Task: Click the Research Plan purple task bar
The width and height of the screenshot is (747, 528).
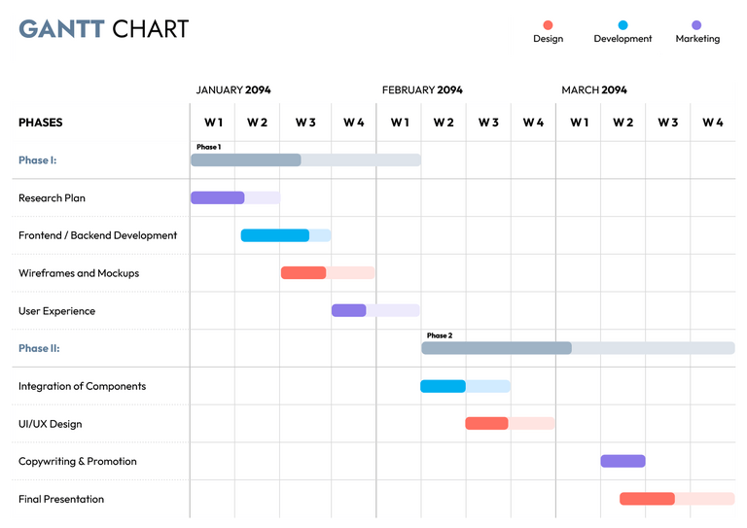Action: click(x=217, y=197)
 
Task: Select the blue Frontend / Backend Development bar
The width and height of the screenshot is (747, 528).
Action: click(x=274, y=235)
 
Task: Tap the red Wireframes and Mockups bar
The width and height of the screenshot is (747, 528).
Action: click(x=303, y=273)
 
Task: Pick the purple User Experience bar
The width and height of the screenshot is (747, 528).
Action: click(x=348, y=310)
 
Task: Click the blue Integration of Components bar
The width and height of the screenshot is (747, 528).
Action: click(x=443, y=386)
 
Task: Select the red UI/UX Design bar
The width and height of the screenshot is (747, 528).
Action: click(x=486, y=423)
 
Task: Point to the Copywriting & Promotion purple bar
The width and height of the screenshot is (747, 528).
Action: click(x=622, y=461)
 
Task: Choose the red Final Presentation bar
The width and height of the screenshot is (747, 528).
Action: click(x=647, y=499)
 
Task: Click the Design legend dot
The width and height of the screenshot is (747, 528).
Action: click(x=548, y=25)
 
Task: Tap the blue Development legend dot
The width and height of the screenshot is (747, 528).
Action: click(x=622, y=25)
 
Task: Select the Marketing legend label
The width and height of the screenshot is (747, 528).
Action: click(x=697, y=39)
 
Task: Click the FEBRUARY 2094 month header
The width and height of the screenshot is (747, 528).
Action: click(x=422, y=90)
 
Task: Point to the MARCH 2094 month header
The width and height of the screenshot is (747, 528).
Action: click(x=594, y=90)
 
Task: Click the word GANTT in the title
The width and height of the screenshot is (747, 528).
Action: click(x=61, y=29)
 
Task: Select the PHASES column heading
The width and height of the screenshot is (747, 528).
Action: click(x=40, y=123)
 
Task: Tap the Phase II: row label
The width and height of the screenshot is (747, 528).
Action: click(x=39, y=348)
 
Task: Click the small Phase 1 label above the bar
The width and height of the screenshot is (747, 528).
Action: click(x=208, y=147)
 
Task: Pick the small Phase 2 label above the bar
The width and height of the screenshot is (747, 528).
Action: click(x=440, y=335)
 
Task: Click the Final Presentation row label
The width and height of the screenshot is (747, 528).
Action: click(x=61, y=499)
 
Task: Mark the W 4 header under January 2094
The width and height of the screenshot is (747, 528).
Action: click(x=354, y=123)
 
